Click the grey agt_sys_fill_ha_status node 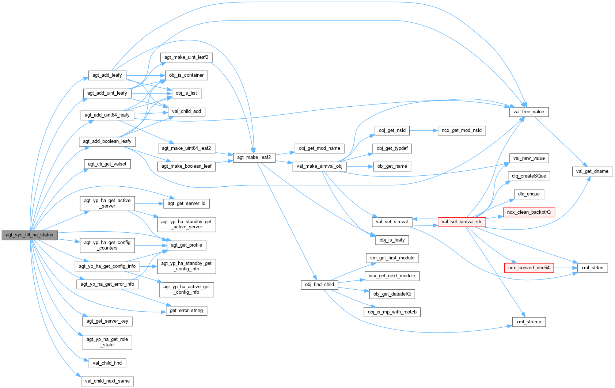[30, 235]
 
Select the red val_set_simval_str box [462, 222]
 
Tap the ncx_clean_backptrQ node [529, 212]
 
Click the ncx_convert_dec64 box [529, 268]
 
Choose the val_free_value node [528, 112]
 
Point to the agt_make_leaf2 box [254, 157]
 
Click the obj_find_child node [319, 285]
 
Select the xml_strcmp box [529, 322]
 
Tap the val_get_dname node [592, 171]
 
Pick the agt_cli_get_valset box [107, 164]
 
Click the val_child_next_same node [107, 381]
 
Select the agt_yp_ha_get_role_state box [107, 342]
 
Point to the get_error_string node [186, 311]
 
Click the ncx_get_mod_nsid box [462, 130]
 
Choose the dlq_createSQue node [529, 176]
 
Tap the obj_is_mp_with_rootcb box [392, 312]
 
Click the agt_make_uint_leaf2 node [186, 57]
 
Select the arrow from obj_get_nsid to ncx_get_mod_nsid [424, 130]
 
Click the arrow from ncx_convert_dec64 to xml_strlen [565, 268]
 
